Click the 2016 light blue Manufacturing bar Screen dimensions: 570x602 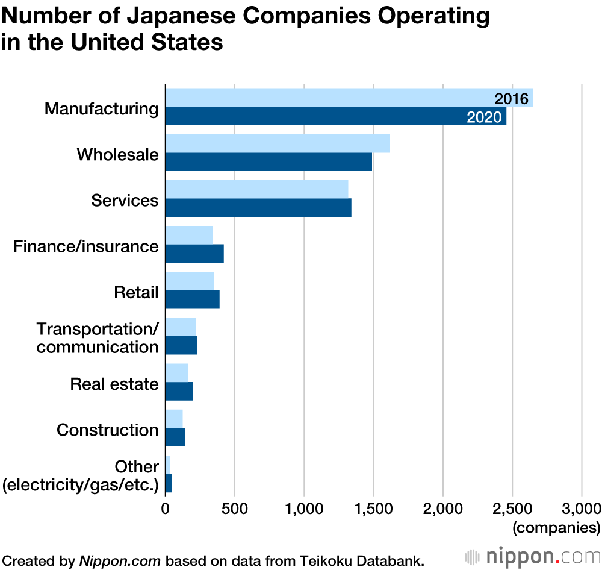pyautogui.click(x=325, y=98)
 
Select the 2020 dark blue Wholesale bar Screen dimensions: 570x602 pyautogui.click(x=268, y=162)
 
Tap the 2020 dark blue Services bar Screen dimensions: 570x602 pyautogui.click(x=258, y=208)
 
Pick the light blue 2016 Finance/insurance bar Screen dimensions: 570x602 pyautogui.click(x=189, y=235)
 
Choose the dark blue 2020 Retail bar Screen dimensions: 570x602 pyautogui.click(x=193, y=299)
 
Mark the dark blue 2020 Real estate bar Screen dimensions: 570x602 pyautogui.click(x=179, y=391)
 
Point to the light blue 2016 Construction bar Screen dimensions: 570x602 pyautogui.click(x=174, y=418)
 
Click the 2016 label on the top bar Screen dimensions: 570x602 pyautogui.click(x=511, y=99)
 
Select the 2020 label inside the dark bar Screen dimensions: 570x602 pyautogui.click(x=484, y=117)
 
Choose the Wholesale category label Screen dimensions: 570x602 pyautogui.click(x=117, y=155)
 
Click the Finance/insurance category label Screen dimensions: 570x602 pyautogui.click(x=86, y=246)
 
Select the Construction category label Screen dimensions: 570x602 pyautogui.click(x=107, y=430)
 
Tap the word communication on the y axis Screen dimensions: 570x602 pyautogui.click(x=98, y=347)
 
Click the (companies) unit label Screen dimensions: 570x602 pyautogui.click(x=556, y=528)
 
